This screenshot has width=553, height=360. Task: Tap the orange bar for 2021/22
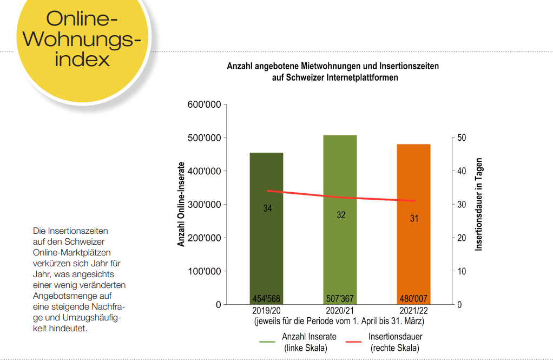tap(414, 254)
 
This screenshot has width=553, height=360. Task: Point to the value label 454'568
tap(266, 299)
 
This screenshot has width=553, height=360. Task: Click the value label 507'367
tap(340, 299)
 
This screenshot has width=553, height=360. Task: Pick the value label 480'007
tap(414, 299)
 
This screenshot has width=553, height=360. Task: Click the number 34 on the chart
tap(267, 208)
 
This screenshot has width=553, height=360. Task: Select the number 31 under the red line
tap(414, 219)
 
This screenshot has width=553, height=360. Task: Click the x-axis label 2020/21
tap(340, 311)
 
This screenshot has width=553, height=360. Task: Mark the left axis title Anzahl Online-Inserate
tap(182, 205)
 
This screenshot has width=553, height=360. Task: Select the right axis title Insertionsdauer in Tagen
tap(479, 205)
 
